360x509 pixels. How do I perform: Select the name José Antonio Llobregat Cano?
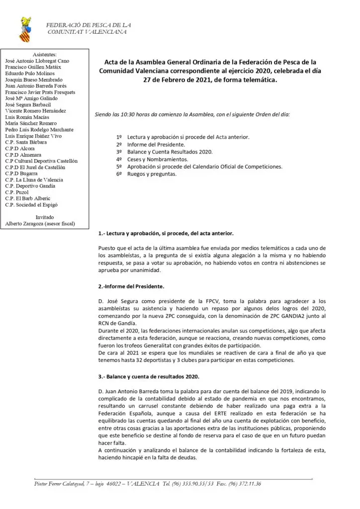coord(37,61)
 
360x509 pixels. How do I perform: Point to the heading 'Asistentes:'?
coord(45,55)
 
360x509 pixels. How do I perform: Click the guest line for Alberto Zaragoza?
coord(40,224)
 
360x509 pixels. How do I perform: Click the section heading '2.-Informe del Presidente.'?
coord(131,287)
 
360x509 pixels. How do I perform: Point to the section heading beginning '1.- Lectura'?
coord(166,234)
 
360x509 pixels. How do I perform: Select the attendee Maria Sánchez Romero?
coord(31,123)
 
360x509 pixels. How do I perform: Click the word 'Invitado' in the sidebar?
coord(45,217)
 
